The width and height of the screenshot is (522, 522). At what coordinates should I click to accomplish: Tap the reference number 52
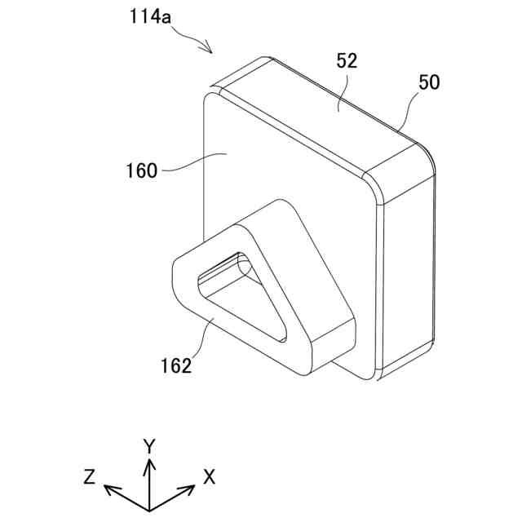[347, 60]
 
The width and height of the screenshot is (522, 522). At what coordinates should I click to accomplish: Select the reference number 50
[428, 82]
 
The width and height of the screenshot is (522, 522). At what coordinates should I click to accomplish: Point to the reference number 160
[142, 171]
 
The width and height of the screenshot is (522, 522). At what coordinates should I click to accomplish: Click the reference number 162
[175, 365]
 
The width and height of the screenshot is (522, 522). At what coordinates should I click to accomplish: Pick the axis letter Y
[149, 445]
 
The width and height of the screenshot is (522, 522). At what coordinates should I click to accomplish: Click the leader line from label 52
[342, 90]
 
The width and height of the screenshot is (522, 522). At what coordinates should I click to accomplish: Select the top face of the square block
[326, 114]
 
